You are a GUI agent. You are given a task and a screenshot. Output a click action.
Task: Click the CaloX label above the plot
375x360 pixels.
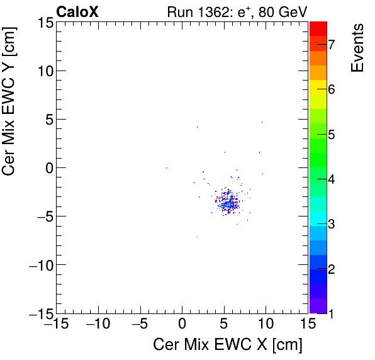click(77, 11)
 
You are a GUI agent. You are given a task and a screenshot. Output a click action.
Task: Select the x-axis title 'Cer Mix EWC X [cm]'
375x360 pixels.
click(228, 344)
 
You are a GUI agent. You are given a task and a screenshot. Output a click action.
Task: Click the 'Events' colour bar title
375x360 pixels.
click(357, 47)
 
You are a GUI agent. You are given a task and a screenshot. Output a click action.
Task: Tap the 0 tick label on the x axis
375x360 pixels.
click(182, 325)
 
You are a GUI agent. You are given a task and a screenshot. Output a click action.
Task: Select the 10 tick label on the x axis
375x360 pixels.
click(266, 325)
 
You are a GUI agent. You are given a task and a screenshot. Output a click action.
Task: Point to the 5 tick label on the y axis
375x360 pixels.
click(48, 119)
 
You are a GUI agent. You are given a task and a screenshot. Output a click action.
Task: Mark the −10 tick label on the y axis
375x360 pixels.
click(39, 265)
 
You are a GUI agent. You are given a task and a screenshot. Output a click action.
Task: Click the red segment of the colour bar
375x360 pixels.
click(318, 28)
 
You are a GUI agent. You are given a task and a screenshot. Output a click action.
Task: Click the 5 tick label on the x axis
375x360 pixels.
click(224, 325)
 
